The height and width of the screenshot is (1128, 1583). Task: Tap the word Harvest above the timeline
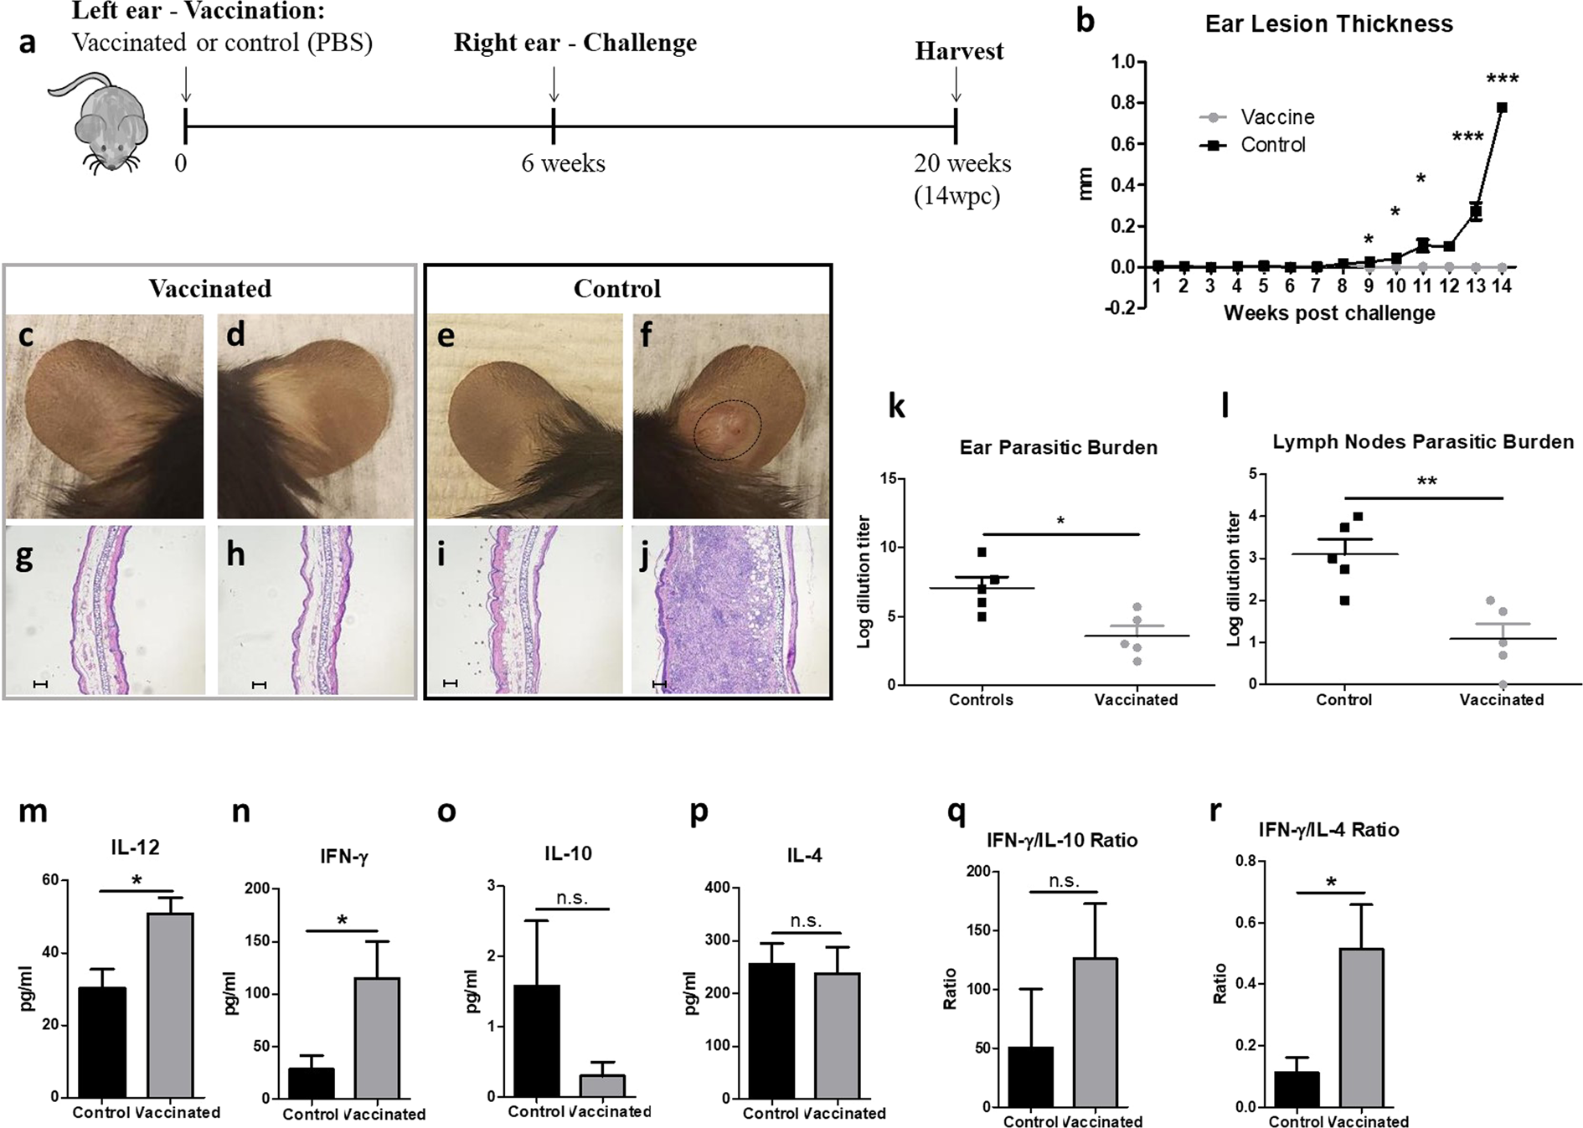pos(958,51)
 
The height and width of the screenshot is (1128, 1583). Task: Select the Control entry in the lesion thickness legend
pos(1272,145)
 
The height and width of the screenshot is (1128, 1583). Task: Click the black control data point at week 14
pos(1502,108)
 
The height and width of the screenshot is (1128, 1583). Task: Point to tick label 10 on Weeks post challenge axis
pos(1396,286)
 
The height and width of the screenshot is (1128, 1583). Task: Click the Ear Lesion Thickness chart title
pos(1328,23)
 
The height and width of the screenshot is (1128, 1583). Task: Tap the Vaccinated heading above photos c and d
pos(209,289)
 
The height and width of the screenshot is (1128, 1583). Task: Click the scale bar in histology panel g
pos(39,684)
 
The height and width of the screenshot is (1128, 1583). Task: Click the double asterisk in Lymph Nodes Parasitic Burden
pos(1426,482)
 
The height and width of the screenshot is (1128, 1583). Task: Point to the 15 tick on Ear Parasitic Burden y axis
pos(888,479)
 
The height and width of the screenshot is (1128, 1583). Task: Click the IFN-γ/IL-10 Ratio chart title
pos(1061,840)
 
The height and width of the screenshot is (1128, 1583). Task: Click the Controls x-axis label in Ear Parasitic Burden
pos(980,699)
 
